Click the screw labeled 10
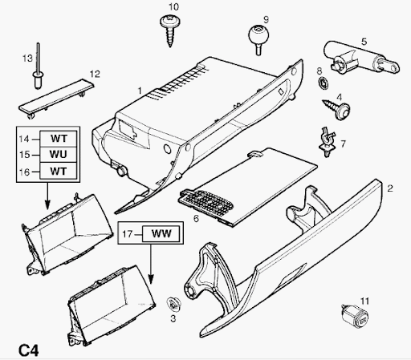pos(170,30)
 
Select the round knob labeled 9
pos(258,38)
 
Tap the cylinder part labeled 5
pos(360,59)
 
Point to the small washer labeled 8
pos(324,83)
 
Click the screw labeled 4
pos(337,109)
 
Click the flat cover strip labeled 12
pos(56,99)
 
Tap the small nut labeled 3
pos(173,305)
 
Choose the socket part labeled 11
pos(355,316)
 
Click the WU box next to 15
pos(59,154)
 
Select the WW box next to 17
pos(161,233)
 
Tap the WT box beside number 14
pos(59,139)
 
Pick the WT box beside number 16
pos(59,171)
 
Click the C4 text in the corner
pos(29,350)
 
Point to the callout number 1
pos(140,91)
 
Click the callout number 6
pos(196,219)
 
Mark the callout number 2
pos(390,188)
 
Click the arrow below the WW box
pos(151,264)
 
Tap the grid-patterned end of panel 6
pos(206,202)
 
